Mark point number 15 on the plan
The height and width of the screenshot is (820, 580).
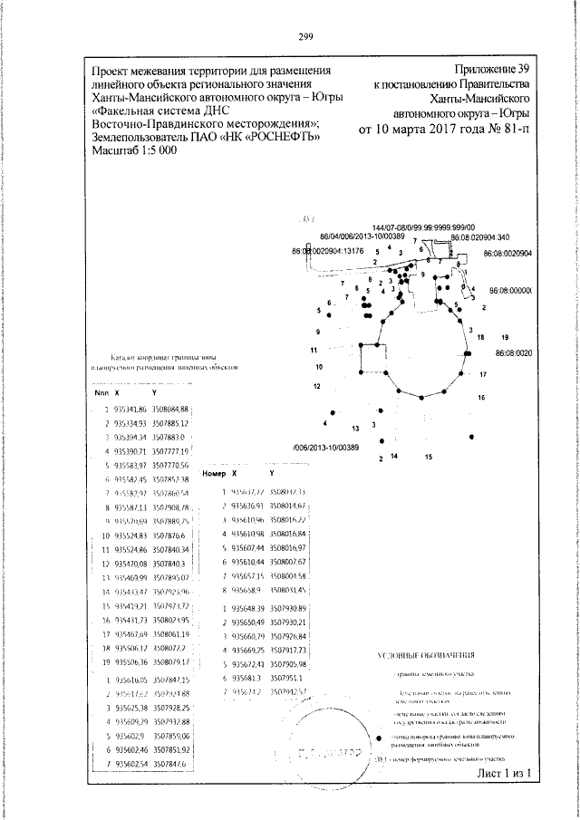tap(428, 457)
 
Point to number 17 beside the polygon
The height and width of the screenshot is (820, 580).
tap(483, 374)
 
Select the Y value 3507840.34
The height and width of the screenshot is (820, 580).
tap(169, 550)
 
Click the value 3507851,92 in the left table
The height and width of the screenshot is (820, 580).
tap(169, 752)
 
